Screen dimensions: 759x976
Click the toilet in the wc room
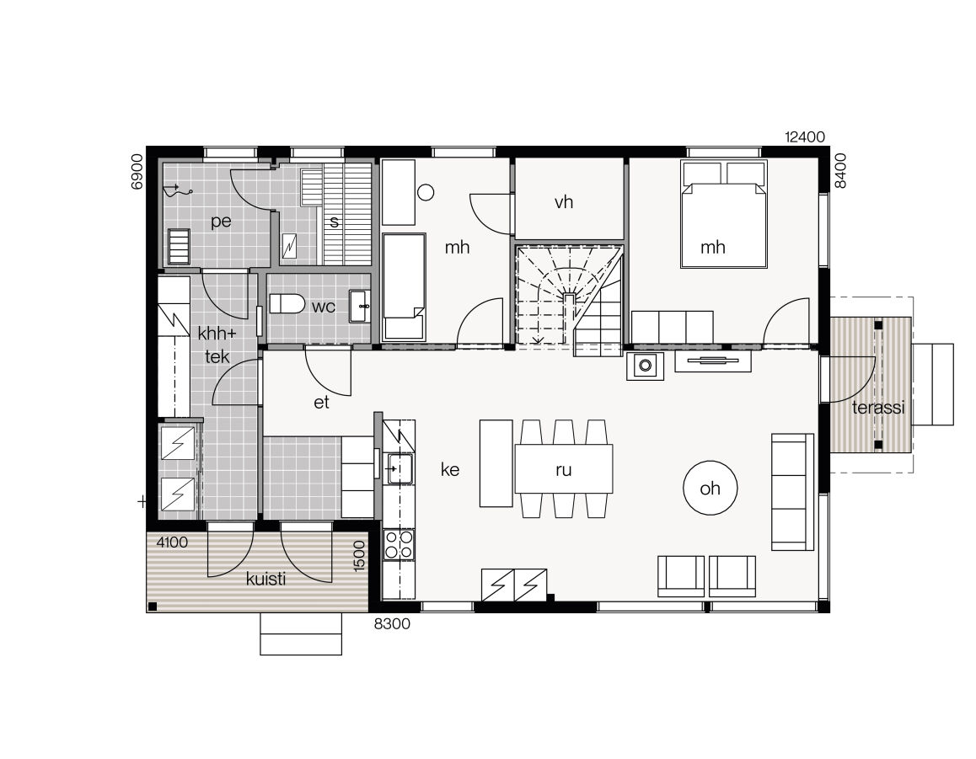[287, 303]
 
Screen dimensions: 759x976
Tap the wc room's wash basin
[362, 305]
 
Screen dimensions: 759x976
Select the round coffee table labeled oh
[710, 488]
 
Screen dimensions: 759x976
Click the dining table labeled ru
[563, 469]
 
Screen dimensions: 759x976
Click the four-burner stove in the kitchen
[399, 544]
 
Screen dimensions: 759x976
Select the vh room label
[564, 202]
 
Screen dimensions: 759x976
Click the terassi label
[877, 408]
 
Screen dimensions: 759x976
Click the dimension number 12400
[804, 136]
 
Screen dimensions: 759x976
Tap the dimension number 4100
[171, 543]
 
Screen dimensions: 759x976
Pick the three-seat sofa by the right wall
[792, 492]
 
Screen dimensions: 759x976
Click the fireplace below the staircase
[645, 366]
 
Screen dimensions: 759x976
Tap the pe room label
[221, 222]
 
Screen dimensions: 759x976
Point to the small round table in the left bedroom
[426, 191]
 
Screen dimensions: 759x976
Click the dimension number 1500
[359, 557]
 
